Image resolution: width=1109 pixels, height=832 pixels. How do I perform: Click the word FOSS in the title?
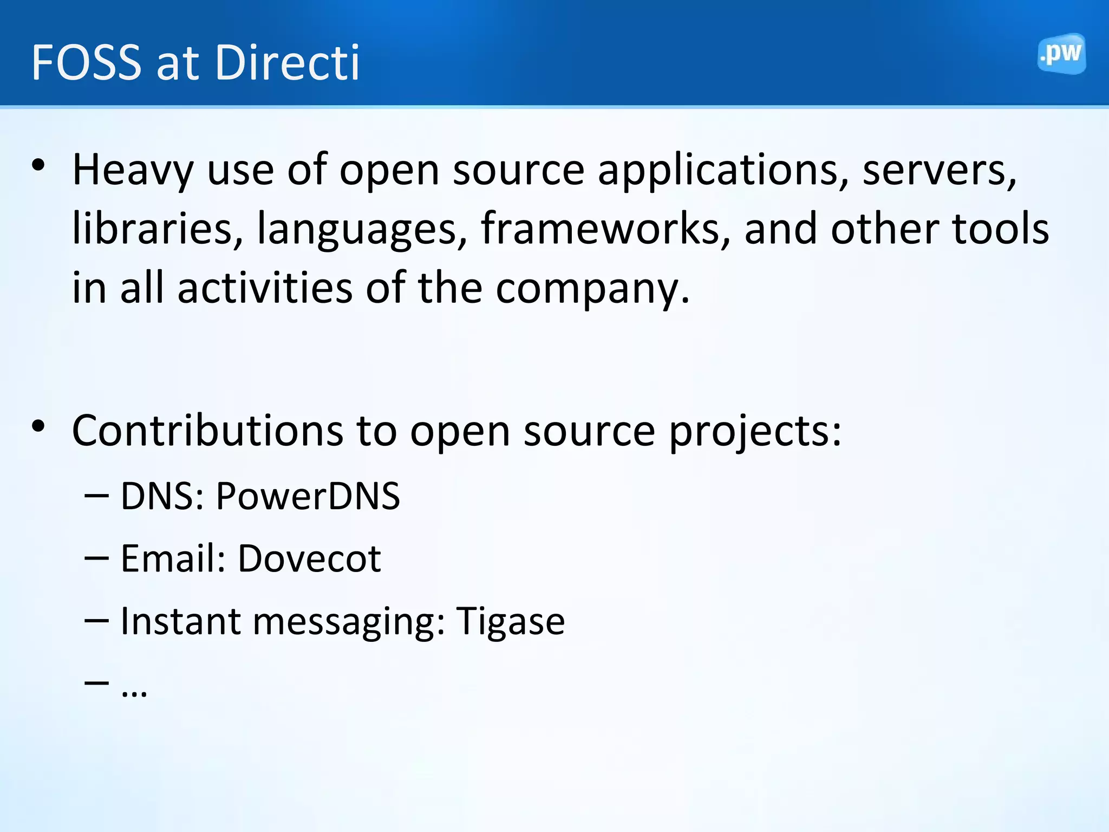coord(87,63)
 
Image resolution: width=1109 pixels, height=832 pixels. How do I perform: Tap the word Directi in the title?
coord(287,63)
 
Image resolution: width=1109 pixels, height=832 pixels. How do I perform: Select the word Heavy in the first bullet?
coord(133,170)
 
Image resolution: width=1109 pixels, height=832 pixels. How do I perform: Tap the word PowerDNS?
coord(308,496)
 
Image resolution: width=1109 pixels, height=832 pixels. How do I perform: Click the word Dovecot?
coord(309,559)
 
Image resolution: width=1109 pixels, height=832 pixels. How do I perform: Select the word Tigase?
coord(510,622)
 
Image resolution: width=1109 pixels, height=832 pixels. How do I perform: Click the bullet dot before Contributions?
coord(38,427)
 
